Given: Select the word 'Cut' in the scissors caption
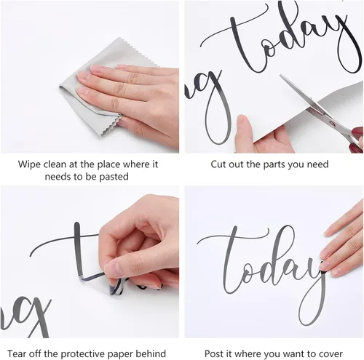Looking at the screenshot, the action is coord(218,164).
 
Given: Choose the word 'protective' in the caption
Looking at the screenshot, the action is coord(82,354).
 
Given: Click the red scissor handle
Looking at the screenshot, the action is coord(357,140).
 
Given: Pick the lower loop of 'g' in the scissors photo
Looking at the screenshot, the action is coord(218,121).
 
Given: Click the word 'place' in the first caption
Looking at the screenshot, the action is coord(109,165).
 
